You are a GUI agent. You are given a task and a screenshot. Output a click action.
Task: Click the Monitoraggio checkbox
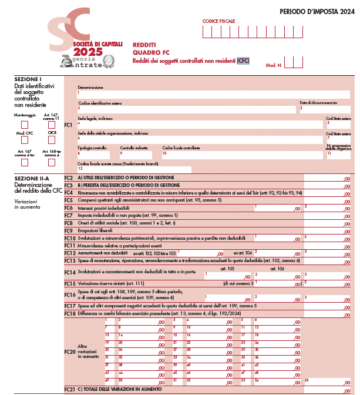(25, 125)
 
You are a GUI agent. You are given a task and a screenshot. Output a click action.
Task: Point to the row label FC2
(69, 178)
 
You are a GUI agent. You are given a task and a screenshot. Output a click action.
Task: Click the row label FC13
(69, 260)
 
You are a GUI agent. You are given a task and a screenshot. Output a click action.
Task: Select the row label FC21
(69, 390)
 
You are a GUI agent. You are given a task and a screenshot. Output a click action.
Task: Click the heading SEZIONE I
(28, 79)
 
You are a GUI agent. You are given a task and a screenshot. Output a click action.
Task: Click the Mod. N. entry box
(293, 62)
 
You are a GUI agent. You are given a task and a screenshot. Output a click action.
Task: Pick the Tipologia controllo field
(96, 154)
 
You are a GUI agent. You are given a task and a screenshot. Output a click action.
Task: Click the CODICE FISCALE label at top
(218, 21)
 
